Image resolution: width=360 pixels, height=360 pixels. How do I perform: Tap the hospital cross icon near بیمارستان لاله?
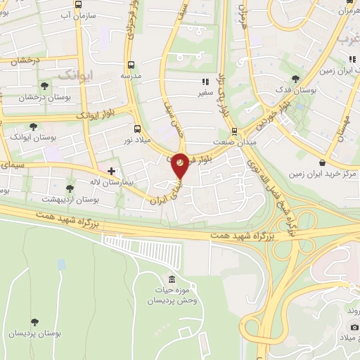pyautogui.click(x=111, y=171)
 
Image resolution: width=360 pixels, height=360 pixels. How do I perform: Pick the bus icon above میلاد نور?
pyautogui.click(x=137, y=129)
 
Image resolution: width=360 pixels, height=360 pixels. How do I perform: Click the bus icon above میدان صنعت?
pyautogui.click(x=235, y=130)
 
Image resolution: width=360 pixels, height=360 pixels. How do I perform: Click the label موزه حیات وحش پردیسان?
pyautogui.click(x=168, y=295)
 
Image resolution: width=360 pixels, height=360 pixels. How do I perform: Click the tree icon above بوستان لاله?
pyautogui.click(x=69, y=188)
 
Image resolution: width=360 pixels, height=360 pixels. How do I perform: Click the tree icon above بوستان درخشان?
pyautogui.click(x=45, y=86)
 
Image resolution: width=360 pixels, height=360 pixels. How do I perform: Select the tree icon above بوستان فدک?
pyautogui.click(x=294, y=79)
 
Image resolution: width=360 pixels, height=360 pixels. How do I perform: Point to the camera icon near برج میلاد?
pyautogui.click(x=354, y=325)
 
